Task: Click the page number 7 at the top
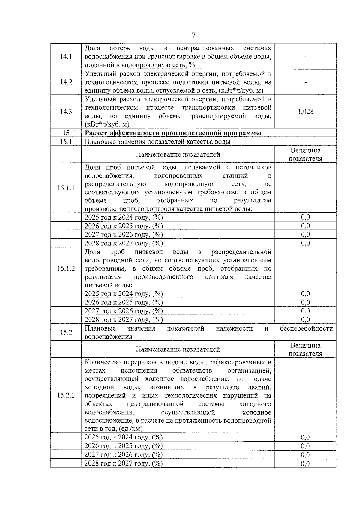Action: pos(193,36)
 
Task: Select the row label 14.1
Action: pos(66,56)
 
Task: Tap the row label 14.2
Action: pos(66,82)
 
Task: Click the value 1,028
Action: pos(305,112)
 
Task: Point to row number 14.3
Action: pos(66,112)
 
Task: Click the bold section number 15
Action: pos(66,133)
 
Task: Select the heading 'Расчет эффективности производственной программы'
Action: pos(173,133)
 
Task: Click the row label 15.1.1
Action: pos(66,188)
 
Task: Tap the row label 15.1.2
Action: pos(66,268)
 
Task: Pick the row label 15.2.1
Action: pos(66,395)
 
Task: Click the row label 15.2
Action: pos(66,332)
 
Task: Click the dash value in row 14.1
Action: pos(305,56)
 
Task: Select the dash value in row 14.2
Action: pos(305,82)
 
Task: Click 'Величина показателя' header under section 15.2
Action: pos(305,349)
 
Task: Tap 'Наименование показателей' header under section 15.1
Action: pos(178,154)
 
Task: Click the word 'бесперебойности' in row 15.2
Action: pos(306,328)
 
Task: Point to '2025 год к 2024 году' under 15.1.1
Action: pos(124,217)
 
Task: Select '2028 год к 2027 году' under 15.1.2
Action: pos(124,319)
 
